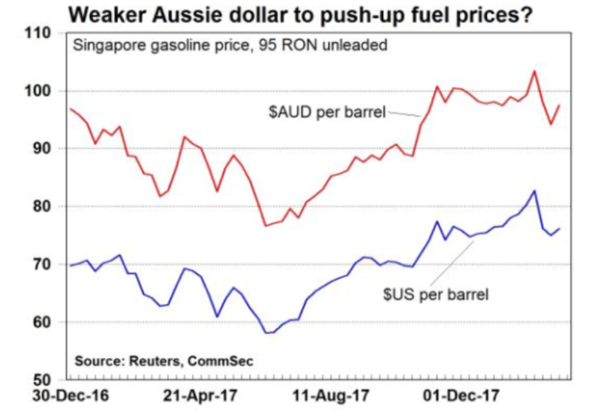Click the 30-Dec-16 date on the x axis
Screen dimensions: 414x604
coord(63,396)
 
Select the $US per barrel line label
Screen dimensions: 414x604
coord(436,296)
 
